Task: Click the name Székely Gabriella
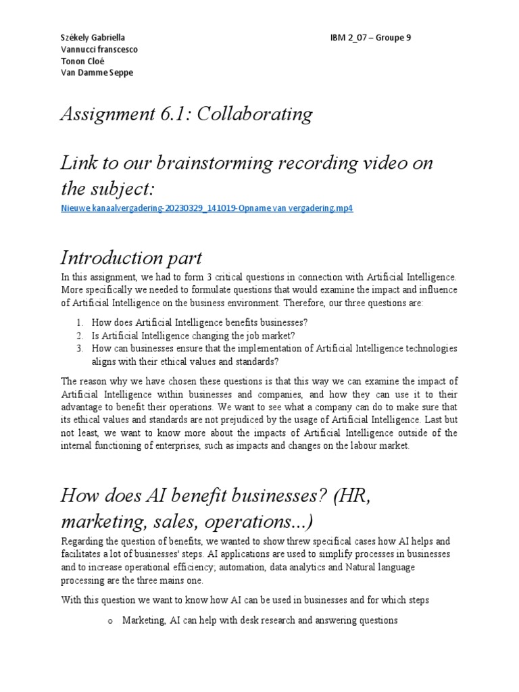click(x=93, y=38)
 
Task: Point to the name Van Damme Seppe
click(x=97, y=72)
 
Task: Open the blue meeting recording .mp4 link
click(x=207, y=208)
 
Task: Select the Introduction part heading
click(x=131, y=257)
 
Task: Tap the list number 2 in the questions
click(x=79, y=335)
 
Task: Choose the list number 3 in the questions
click(x=79, y=348)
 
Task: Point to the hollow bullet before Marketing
click(x=109, y=620)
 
